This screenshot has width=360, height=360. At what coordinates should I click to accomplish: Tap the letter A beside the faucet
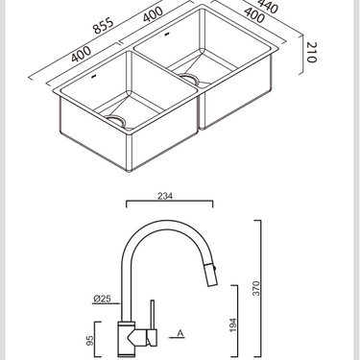[x=180, y=334]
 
